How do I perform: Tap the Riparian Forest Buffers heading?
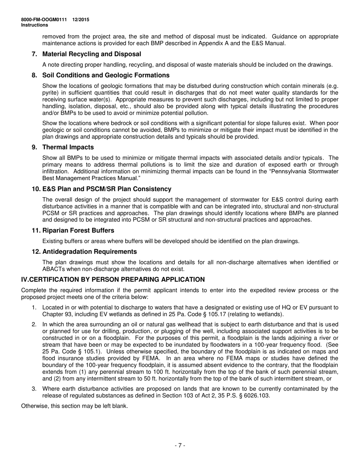(x=78, y=230)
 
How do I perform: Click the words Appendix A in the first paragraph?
(x=188, y=43)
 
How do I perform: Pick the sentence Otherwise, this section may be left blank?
(x=74, y=406)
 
